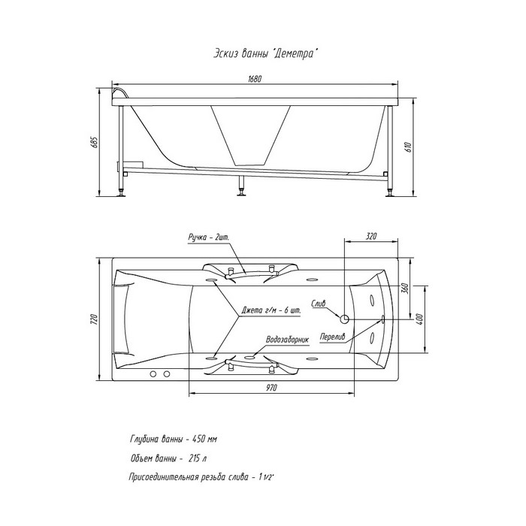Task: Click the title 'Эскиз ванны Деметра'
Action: point(265,53)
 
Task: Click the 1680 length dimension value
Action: point(255,79)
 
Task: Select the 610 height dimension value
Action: point(409,147)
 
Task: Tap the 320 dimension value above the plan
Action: point(371,236)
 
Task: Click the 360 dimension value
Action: point(404,288)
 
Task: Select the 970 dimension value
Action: point(272,388)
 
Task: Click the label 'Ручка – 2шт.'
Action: point(209,237)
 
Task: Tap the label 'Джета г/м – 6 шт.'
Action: point(271,310)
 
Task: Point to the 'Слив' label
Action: point(319,304)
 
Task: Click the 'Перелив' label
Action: point(332,337)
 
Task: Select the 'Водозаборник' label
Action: point(287,340)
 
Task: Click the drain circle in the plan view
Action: point(344,319)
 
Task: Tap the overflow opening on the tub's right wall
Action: point(382,319)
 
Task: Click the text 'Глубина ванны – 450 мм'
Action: point(174,439)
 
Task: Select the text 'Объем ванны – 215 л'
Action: point(168,458)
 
